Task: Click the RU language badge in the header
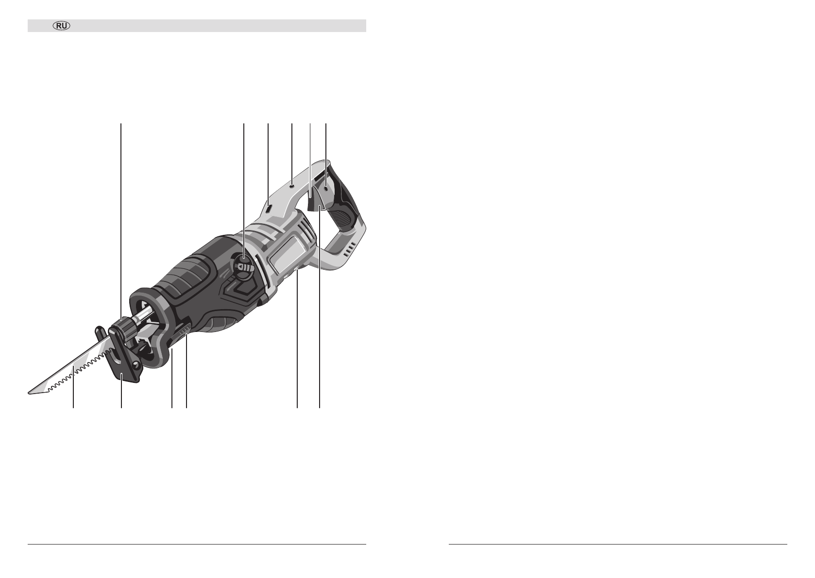(x=62, y=26)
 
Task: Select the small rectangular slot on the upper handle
(x=269, y=209)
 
